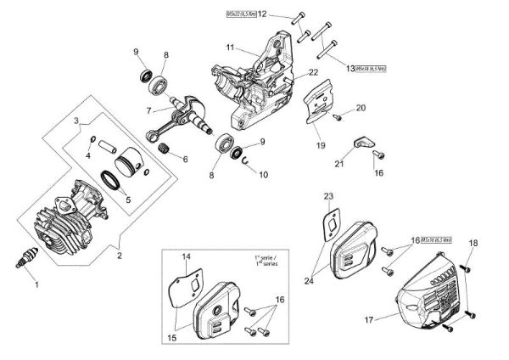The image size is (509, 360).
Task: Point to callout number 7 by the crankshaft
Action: tap(148, 110)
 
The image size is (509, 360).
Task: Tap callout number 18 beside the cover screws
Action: tap(473, 244)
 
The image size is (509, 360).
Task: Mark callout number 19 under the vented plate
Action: tap(321, 145)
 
